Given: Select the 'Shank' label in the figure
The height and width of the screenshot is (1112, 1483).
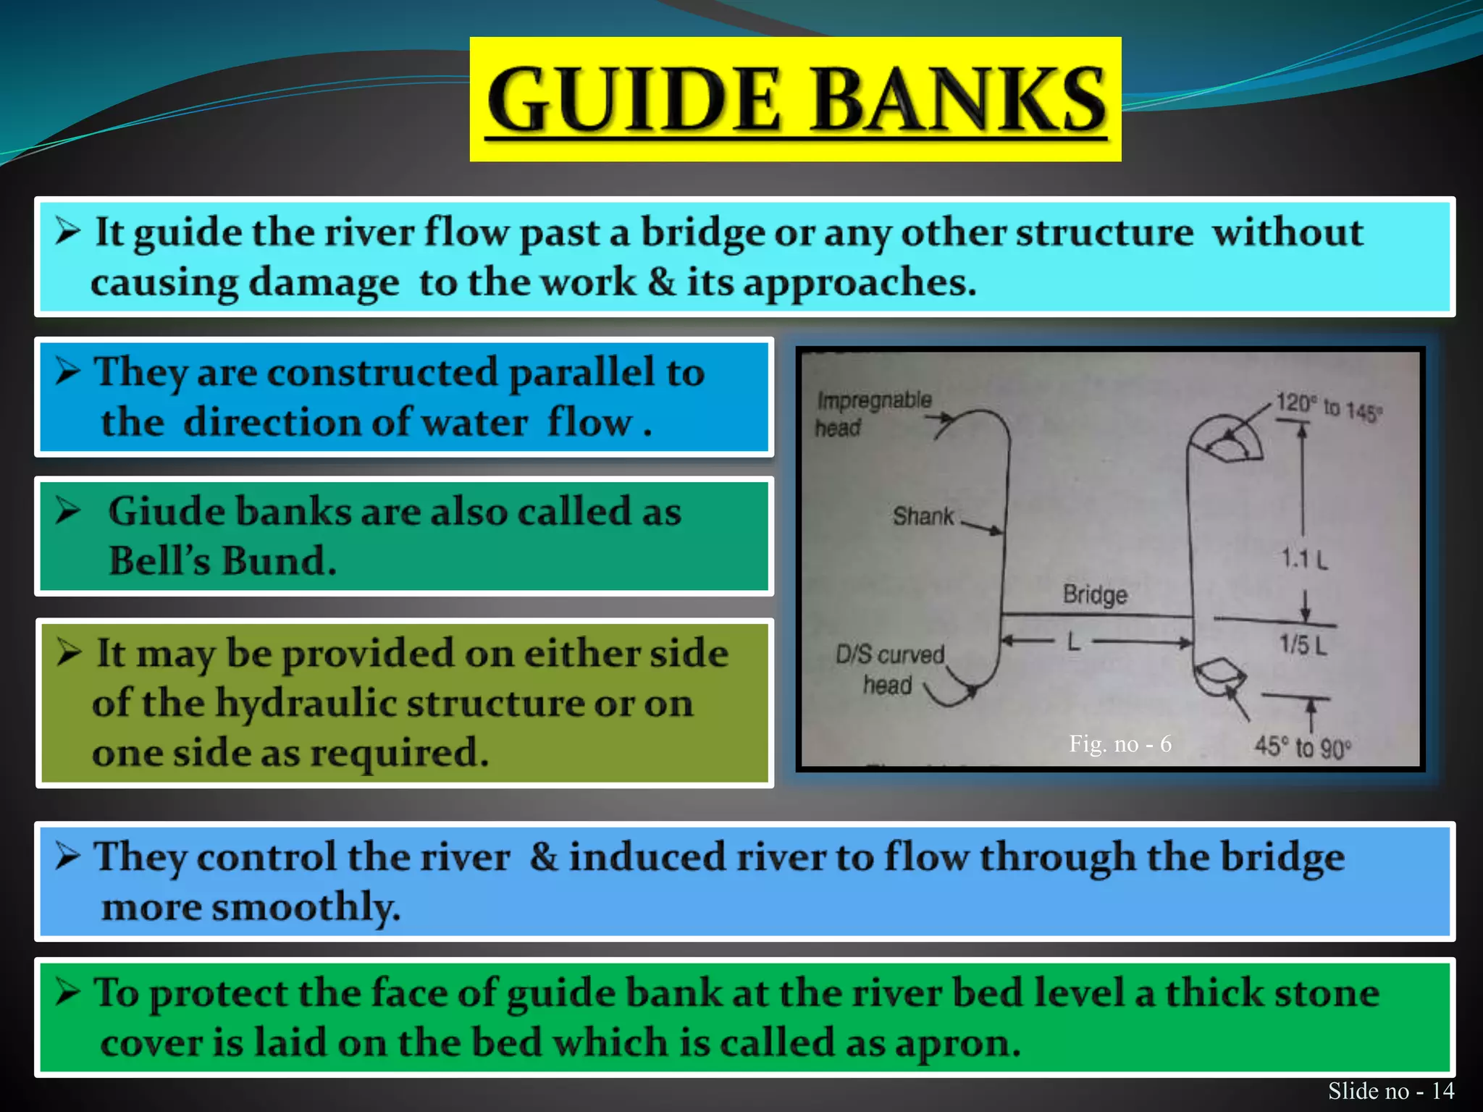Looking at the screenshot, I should (923, 516).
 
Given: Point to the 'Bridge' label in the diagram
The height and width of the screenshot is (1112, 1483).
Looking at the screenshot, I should (1095, 594).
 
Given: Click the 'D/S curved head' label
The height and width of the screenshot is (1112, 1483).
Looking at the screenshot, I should (890, 669).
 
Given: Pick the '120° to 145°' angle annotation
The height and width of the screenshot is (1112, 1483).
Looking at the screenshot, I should (1329, 407).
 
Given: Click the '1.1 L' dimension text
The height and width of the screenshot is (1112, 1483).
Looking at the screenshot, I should (1304, 559).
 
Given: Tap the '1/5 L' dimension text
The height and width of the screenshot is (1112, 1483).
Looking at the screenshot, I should (1303, 644).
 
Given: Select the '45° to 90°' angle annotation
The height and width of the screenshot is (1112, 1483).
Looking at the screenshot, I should (1303, 747).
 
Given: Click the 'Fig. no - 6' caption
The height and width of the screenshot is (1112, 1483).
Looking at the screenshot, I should (1119, 744).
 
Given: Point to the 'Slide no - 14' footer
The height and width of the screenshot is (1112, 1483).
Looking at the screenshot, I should (1390, 1090).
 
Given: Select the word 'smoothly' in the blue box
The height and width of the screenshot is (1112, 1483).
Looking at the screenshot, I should (304, 907).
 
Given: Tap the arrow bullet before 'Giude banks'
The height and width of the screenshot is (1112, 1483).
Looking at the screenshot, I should (68, 511).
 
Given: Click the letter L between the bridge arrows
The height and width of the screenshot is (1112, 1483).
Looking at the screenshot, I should (1074, 641).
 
